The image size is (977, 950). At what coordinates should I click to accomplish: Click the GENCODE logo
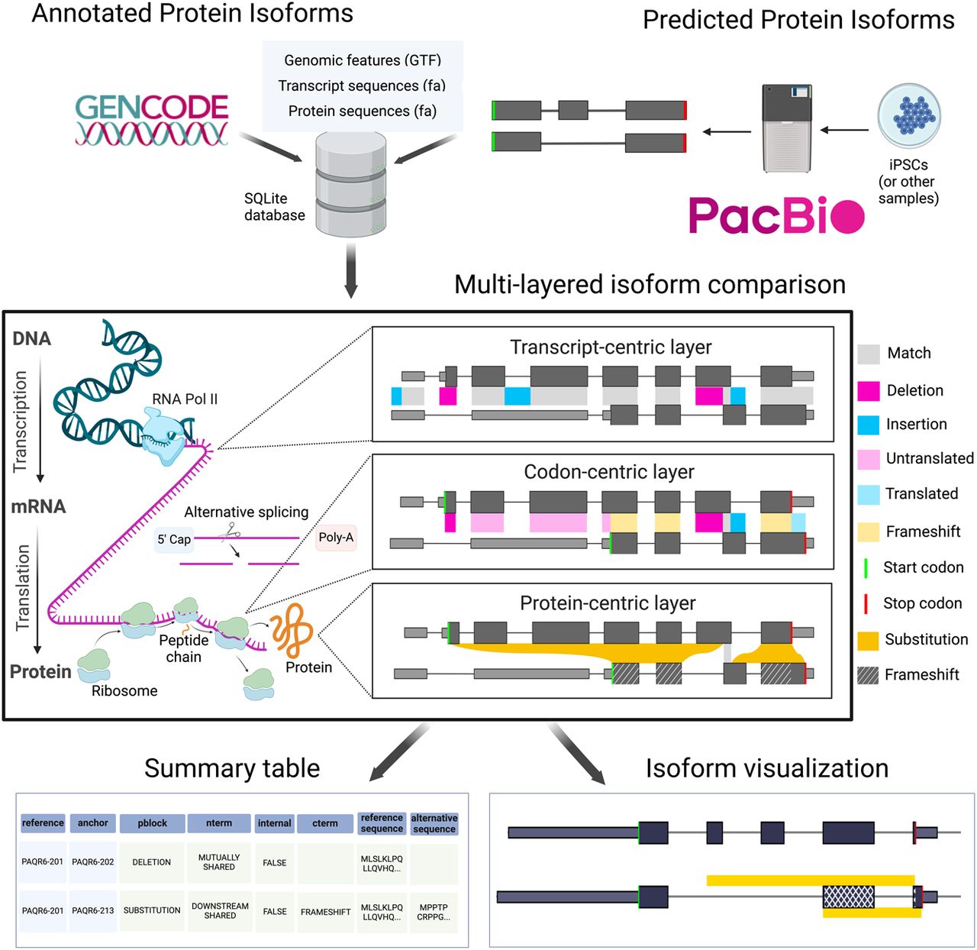pyautogui.click(x=152, y=119)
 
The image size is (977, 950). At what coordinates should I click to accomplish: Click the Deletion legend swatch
pyautogui.click(x=869, y=391)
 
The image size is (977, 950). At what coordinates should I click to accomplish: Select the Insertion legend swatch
pyautogui.click(x=869, y=425)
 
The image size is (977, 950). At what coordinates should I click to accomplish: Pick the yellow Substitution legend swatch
pyautogui.click(x=869, y=640)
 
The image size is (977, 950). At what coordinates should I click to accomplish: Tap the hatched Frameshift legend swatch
pyautogui.click(x=869, y=675)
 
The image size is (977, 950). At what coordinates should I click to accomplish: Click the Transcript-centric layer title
pyautogui.click(x=611, y=347)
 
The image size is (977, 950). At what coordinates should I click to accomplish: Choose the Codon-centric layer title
pyautogui.click(x=608, y=472)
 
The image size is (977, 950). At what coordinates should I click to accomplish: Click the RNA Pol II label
pyautogui.click(x=185, y=399)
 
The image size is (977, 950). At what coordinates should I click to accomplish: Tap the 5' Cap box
pyautogui.click(x=174, y=539)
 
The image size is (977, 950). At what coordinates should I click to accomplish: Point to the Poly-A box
pyautogui.click(x=336, y=538)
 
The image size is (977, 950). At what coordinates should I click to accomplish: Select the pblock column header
pyautogui.click(x=153, y=823)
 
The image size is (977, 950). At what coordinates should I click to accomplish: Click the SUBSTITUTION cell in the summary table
pyautogui.click(x=152, y=910)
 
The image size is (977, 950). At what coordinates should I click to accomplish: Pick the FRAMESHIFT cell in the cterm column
pyautogui.click(x=325, y=912)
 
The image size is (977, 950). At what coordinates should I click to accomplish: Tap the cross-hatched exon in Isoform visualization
pyautogui.click(x=848, y=897)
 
